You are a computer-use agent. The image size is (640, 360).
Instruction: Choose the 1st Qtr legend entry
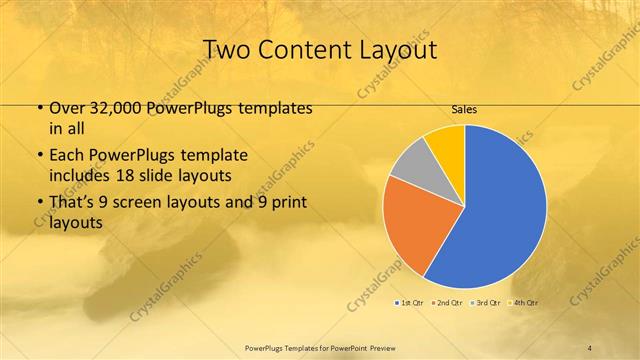click(410, 301)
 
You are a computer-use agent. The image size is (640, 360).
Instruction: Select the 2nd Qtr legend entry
click(448, 301)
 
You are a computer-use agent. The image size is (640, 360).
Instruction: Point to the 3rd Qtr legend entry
click(486, 301)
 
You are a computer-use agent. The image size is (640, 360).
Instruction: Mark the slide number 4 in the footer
click(591, 347)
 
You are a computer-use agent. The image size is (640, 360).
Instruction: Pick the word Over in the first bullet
click(63, 108)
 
